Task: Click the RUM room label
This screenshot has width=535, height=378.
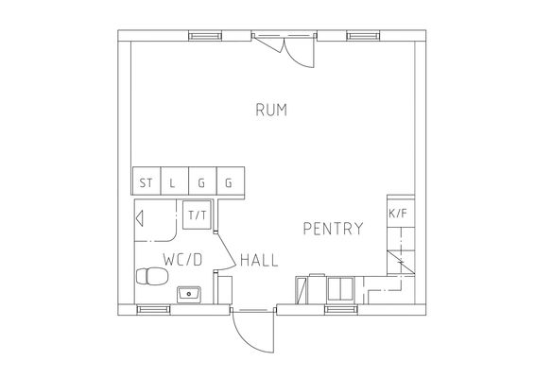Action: click(271, 110)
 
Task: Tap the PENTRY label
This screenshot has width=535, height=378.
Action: click(333, 229)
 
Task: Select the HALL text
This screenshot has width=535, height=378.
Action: click(259, 260)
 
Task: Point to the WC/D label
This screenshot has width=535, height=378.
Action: click(182, 260)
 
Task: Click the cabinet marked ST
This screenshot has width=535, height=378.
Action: click(147, 180)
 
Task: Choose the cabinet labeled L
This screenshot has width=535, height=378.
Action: click(174, 180)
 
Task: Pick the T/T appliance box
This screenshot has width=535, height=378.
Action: click(197, 215)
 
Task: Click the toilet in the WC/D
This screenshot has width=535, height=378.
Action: click(152, 276)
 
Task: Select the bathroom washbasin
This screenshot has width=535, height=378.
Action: click(189, 295)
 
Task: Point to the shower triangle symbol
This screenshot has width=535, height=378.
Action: click(140, 218)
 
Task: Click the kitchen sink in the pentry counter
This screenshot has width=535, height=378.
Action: click(340, 289)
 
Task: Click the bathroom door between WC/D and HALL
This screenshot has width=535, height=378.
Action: click(225, 250)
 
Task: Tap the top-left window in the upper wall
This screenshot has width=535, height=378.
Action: click(205, 36)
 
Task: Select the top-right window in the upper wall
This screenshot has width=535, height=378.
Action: click(363, 36)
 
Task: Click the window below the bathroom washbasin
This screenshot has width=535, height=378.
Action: click(153, 309)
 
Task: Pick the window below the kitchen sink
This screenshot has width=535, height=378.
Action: click(341, 309)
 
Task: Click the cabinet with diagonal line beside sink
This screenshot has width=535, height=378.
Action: click(301, 290)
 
